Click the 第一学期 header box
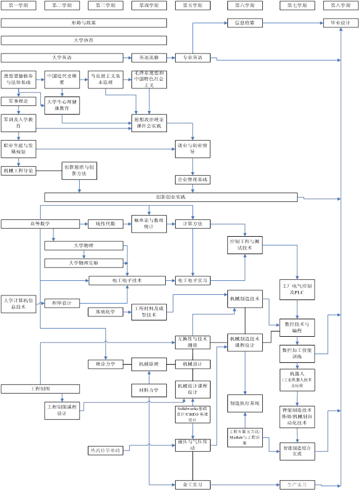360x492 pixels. [18, 6]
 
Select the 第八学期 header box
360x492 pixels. [341, 6]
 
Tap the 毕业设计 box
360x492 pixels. [341, 23]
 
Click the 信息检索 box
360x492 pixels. [244, 23]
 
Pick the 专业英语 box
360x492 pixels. [193, 58]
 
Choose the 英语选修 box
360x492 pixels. [149, 58]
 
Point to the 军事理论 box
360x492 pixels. [18, 101]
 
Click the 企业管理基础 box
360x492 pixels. [193, 180]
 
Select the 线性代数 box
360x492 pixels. [106, 224]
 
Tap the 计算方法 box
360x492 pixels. [193, 224]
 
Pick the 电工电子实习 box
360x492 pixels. [193, 280]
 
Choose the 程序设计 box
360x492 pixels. [62, 303]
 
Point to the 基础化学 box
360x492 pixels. [106, 312]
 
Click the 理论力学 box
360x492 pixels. [106, 365]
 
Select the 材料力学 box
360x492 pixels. [149, 390]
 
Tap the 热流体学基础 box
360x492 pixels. [106, 450]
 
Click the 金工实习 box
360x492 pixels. [193, 484]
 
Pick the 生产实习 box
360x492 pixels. [297, 484]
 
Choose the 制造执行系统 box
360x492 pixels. [244, 403]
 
